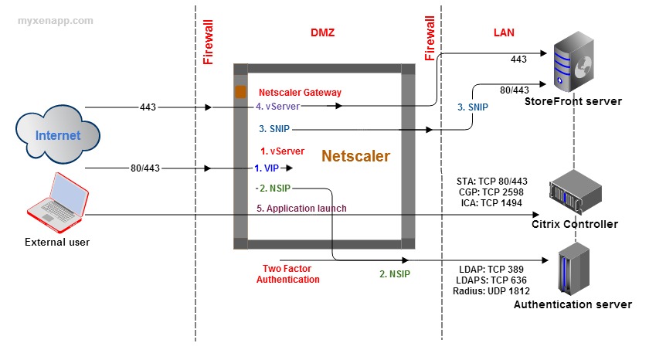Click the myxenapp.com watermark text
coord(56,21)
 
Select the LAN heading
coord(504,32)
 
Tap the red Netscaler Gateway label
coord(300,93)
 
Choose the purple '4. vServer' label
coord(277,107)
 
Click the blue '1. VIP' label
coord(267,167)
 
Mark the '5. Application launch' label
coord(302,208)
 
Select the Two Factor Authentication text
coord(287,273)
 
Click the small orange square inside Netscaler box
coord(241,92)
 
